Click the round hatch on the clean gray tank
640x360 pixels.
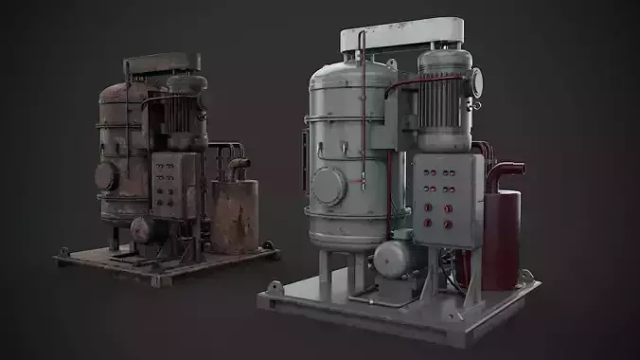[329, 186]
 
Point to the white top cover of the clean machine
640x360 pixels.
[402, 35]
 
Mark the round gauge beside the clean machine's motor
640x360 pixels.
[476, 82]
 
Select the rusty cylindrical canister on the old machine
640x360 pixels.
[234, 216]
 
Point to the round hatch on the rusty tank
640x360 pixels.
[106, 176]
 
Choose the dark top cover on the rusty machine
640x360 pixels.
[163, 63]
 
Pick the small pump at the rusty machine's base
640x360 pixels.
[143, 229]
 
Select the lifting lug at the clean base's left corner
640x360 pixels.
[274, 285]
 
